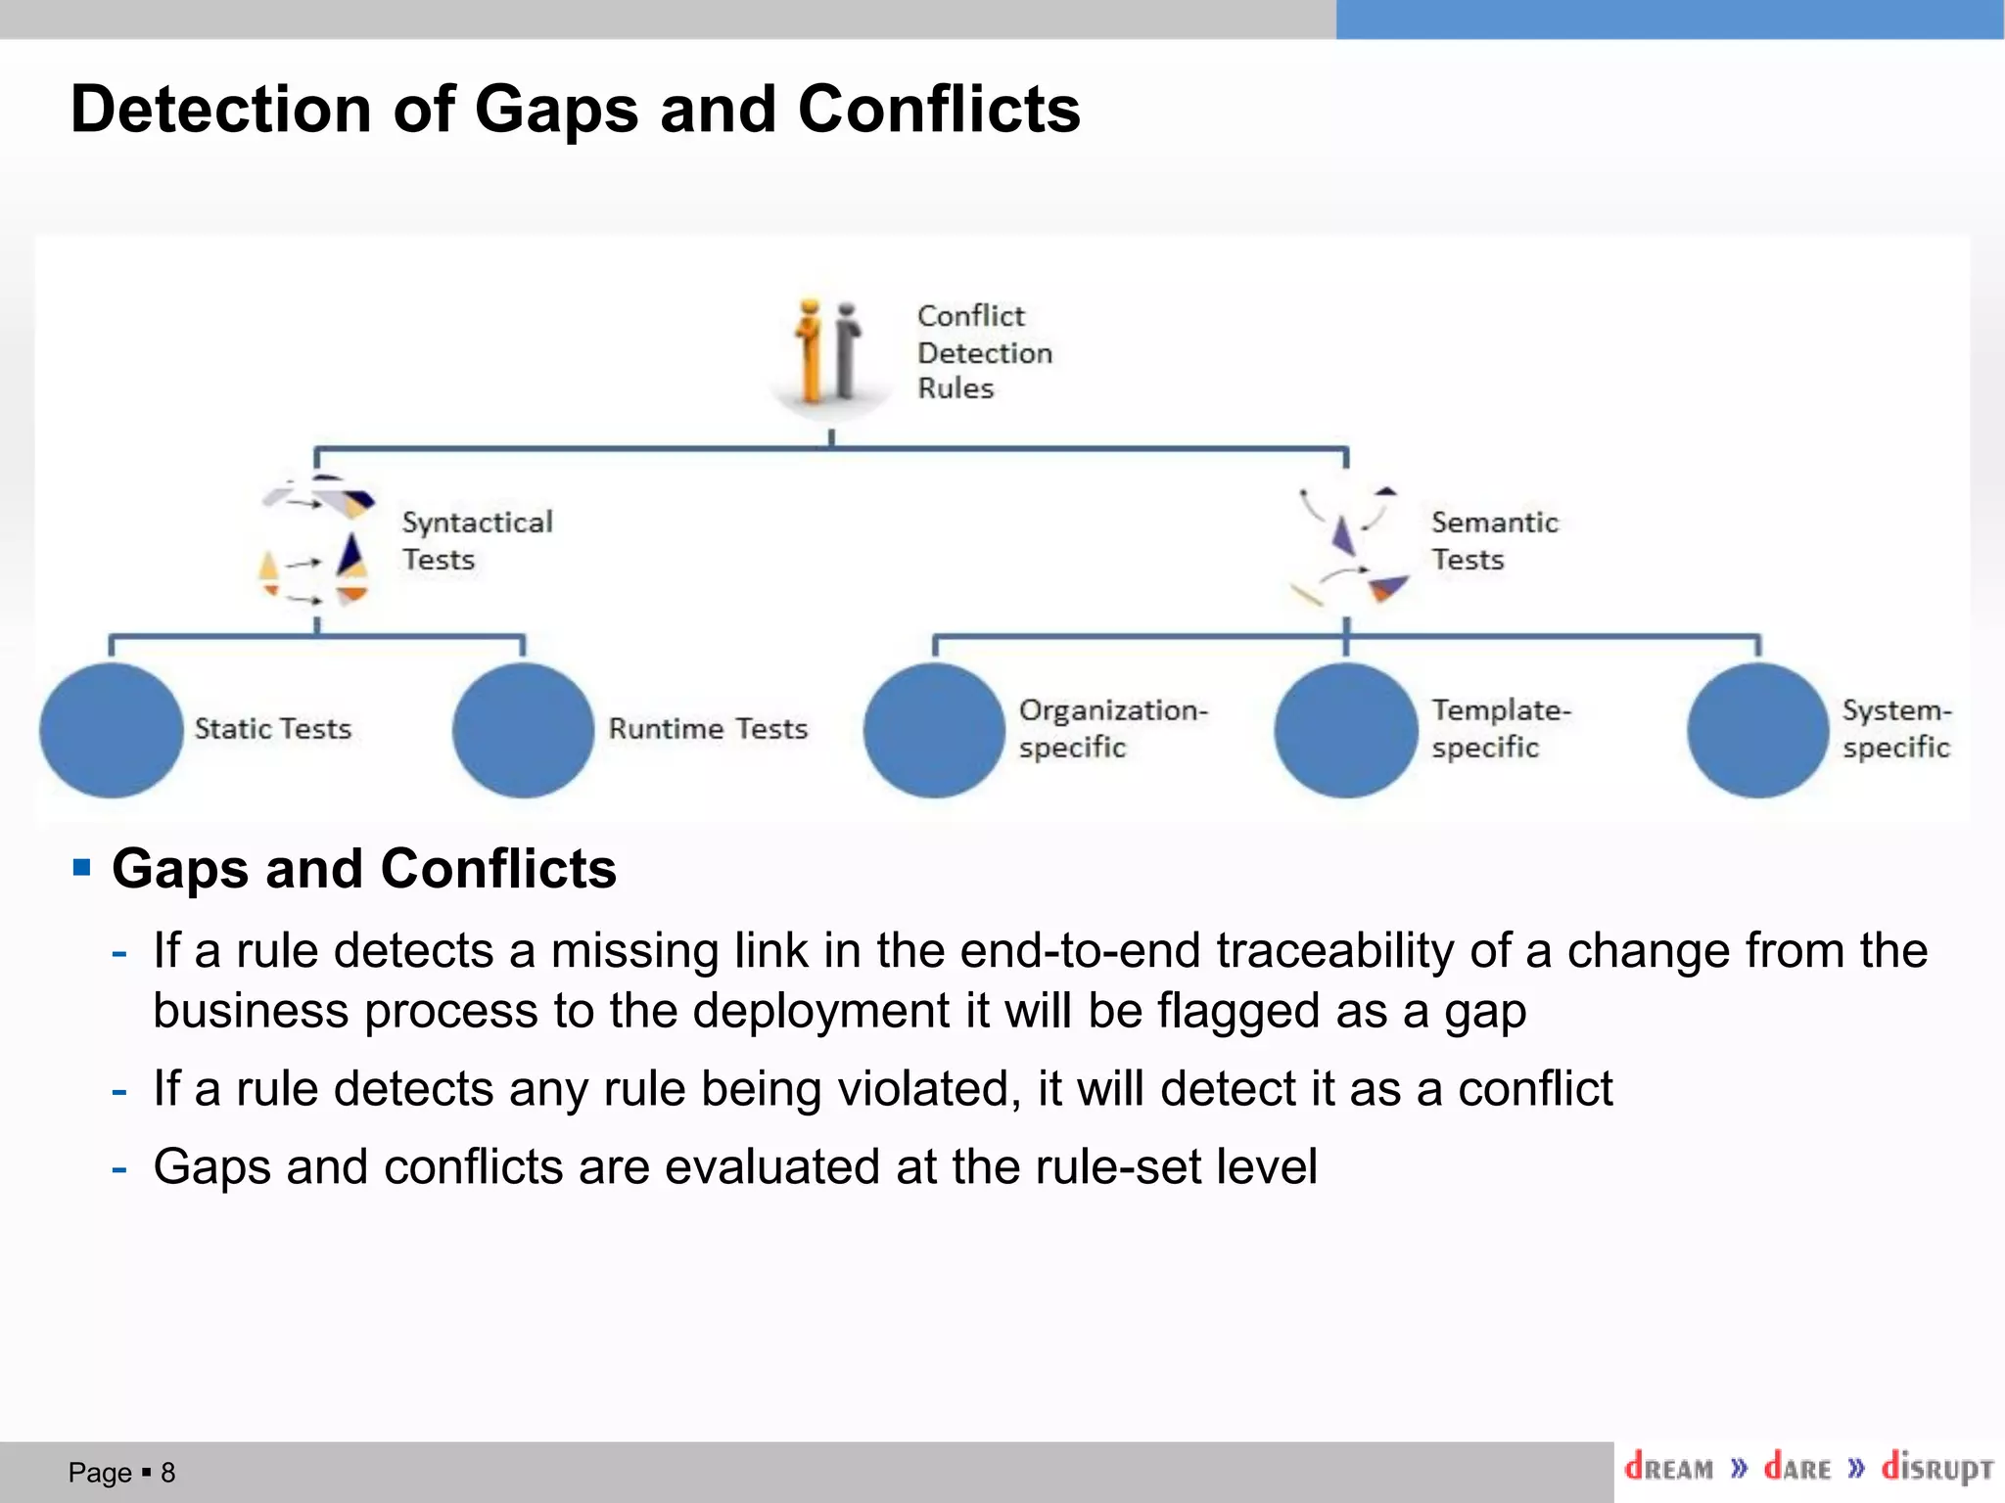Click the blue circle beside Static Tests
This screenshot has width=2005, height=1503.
111,730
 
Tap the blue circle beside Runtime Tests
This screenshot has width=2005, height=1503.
523,730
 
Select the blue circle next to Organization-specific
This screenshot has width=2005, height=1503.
934,730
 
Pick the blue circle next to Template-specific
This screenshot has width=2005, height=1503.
1346,730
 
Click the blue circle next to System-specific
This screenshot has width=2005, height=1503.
1758,730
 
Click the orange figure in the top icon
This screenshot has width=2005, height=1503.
810,352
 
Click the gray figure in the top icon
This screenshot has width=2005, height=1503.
847,352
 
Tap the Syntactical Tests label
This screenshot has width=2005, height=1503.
477,540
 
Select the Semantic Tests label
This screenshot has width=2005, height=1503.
1494,540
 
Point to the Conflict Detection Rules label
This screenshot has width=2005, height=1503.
984,352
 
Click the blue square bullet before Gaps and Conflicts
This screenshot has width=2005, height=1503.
82,867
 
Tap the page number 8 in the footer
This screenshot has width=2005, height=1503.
168,1473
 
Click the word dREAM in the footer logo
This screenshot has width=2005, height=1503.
1669,1468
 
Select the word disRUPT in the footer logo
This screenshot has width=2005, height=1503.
1936,1468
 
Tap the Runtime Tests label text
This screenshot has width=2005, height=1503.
708,729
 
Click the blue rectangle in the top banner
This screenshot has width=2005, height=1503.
1669,20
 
